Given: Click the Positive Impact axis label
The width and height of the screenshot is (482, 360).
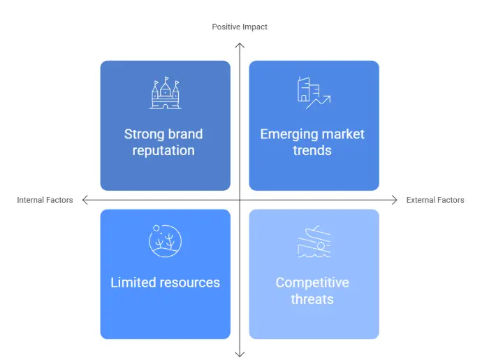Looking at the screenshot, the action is [240, 27].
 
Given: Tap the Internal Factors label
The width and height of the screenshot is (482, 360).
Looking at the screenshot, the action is [45, 200].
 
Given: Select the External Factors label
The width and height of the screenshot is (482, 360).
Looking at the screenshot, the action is [435, 200].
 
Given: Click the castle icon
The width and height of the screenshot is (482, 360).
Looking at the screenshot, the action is [166, 93].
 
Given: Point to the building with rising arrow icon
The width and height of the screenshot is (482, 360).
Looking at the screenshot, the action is [314, 93].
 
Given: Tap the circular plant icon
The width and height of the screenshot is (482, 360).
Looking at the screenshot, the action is [165, 241].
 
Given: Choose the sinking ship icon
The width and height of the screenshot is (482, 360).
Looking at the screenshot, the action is [314, 241].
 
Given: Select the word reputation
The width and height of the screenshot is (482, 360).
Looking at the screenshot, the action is [163, 151].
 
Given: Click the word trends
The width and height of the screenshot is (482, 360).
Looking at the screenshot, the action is [312, 150].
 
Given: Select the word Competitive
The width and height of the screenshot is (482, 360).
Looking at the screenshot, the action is [312, 282].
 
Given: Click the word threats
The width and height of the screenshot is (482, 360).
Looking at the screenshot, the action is [312, 299].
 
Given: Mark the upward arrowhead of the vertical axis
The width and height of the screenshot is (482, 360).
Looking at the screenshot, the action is [240, 44].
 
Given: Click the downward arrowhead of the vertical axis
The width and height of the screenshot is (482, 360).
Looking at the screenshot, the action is [240, 357].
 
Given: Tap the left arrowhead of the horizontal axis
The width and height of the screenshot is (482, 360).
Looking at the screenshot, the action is [83, 200].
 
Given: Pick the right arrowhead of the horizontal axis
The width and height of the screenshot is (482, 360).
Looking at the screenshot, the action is [397, 200].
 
